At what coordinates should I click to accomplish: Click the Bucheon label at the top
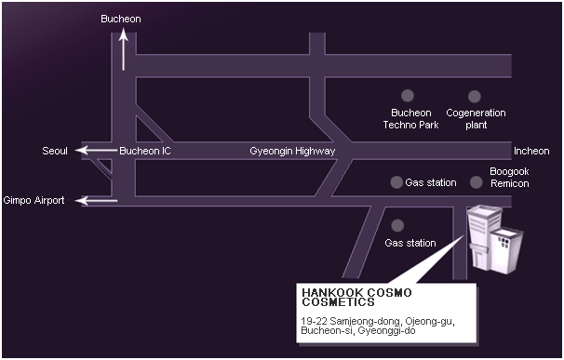tap(122, 19)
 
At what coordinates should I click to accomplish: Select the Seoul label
tap(55, 151)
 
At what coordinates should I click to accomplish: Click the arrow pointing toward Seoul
tap(95, 151)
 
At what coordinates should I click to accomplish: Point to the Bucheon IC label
tap(145, 151)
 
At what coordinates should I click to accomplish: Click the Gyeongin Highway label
tap(292, 151)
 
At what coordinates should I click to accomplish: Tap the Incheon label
tap(531, 151)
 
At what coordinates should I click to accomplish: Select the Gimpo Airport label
tap(34, 200)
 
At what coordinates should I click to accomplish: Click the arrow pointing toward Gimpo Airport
tap(98, 200)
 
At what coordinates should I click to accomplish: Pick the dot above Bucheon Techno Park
tap(407, 95)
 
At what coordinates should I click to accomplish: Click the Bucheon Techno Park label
tap(410, 118)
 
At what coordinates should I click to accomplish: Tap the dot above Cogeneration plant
tap(475, 95)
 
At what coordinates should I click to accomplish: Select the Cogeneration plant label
tap(476, 118)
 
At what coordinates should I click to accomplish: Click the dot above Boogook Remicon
tap(477, 182)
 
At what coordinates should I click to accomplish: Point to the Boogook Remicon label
tap(509, 177)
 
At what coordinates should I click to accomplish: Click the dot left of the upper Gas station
tap(396, 182)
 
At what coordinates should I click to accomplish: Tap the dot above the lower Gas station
tap(397, 224)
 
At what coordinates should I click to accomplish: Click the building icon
tap(493, 239)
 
